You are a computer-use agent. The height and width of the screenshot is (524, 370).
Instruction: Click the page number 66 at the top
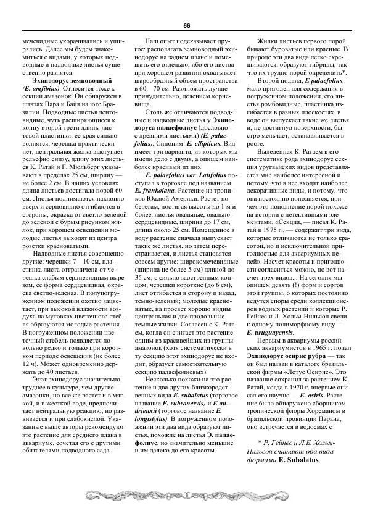[186, 25]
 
